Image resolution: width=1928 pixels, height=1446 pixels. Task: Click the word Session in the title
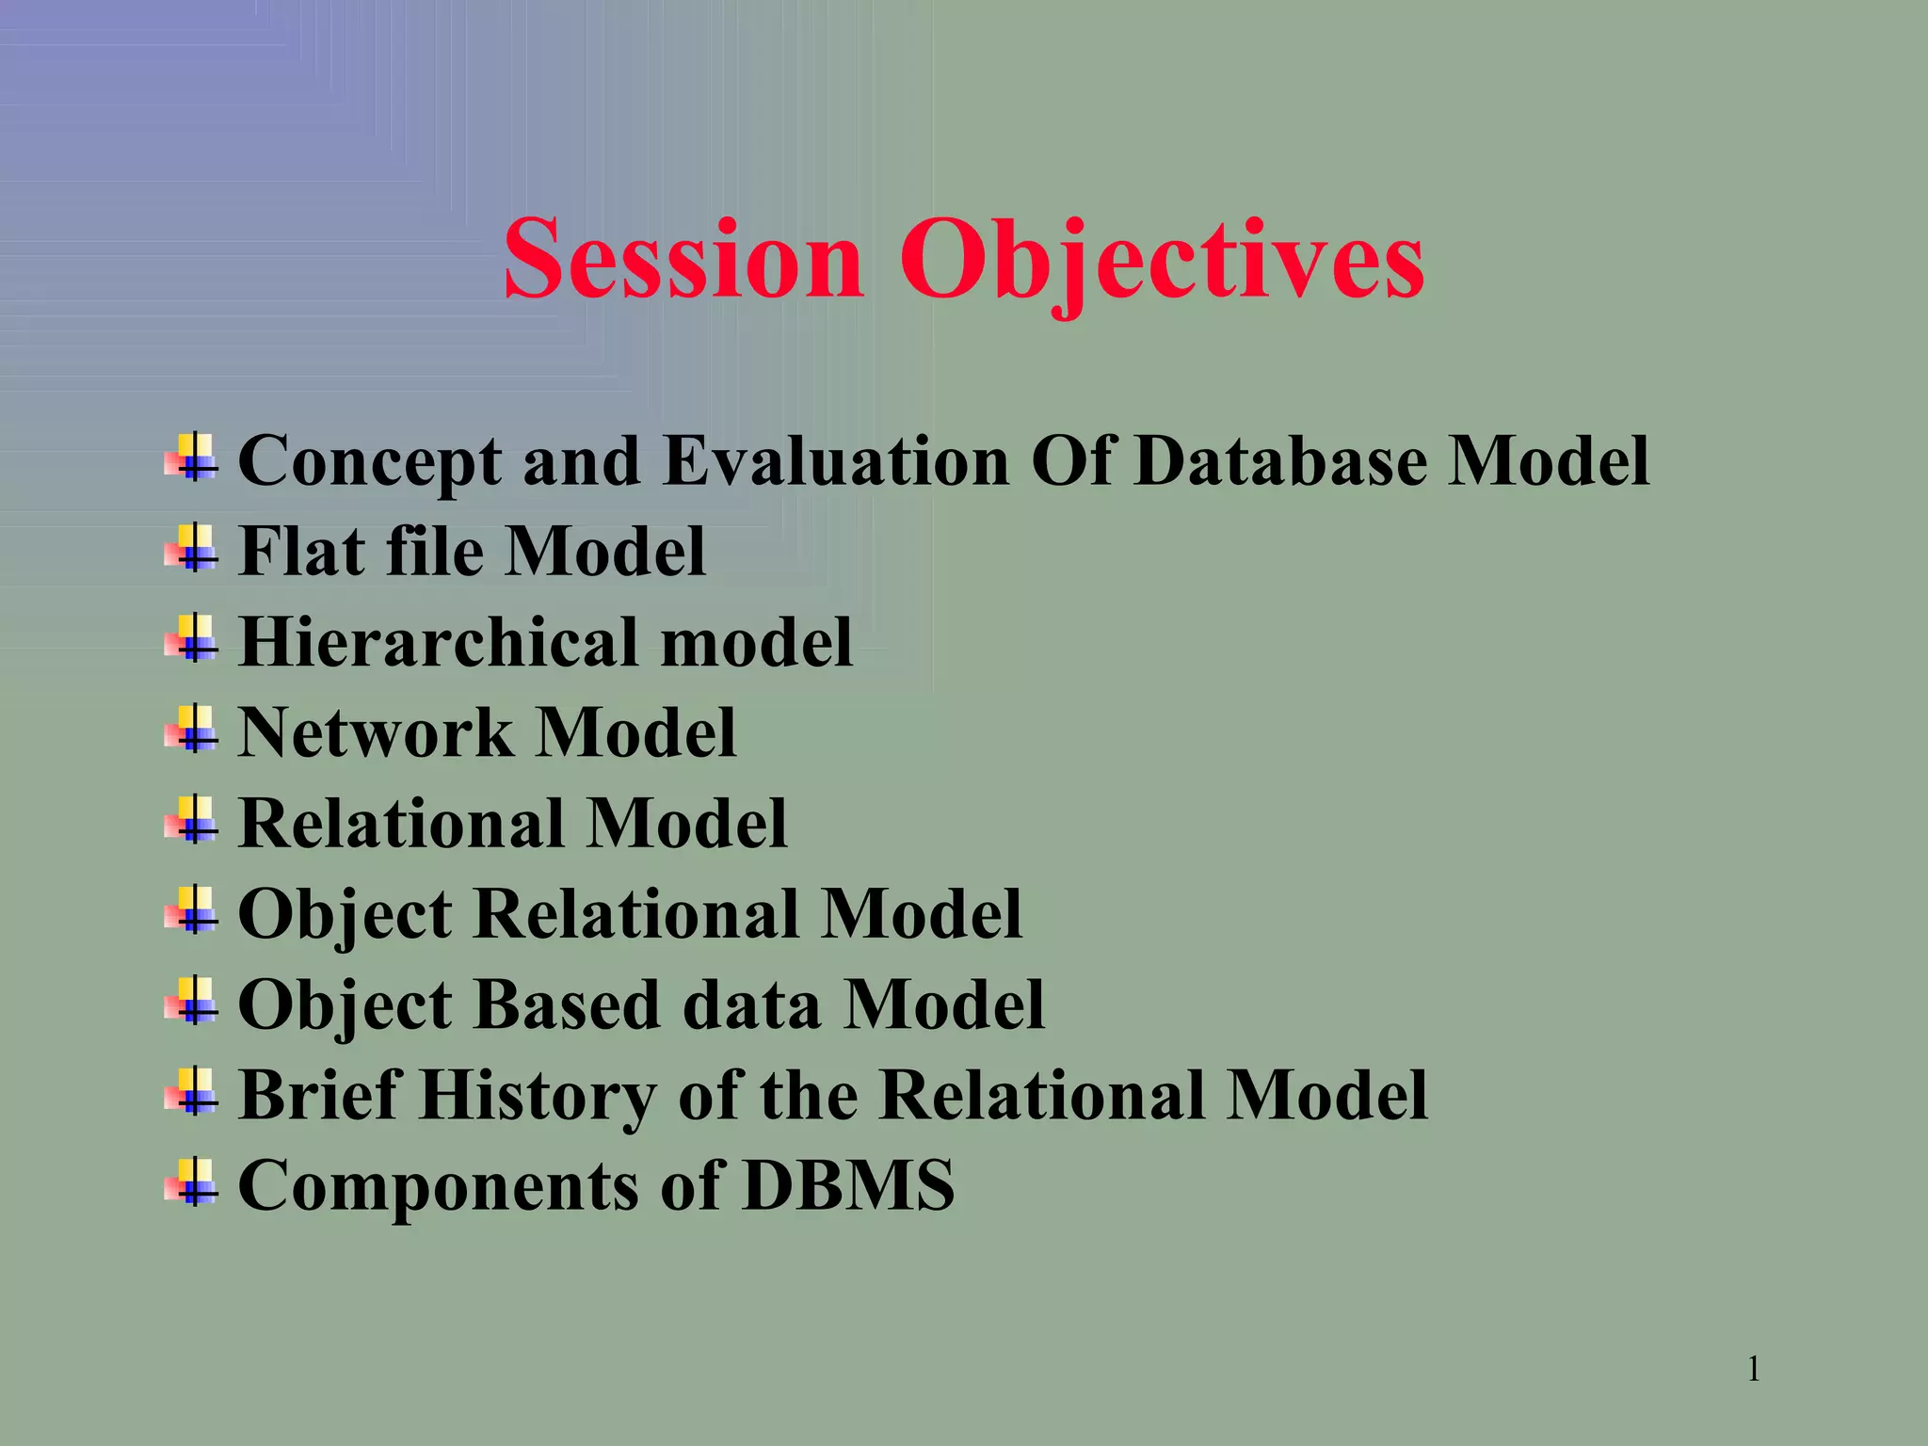[683, 259]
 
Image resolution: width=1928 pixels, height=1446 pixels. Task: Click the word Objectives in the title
[1161, 259]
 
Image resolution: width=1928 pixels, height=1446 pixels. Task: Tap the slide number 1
[1753, 1369]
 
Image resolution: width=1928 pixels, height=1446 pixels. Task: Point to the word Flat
[299, 551]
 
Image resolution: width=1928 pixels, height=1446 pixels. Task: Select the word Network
[375, 732]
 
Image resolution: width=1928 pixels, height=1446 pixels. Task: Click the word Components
[438, 1186]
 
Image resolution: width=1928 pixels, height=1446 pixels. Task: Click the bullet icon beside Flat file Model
[192, 548]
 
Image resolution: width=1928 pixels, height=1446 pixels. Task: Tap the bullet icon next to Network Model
[192, 730]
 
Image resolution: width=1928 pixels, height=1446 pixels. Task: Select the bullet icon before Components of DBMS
[192, 1182]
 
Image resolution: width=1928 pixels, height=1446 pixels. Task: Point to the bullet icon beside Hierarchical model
[192, 638]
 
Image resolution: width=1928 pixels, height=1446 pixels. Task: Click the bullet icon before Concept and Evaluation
[192, 458]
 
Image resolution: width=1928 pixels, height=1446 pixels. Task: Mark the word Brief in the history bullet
[320, 1096]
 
